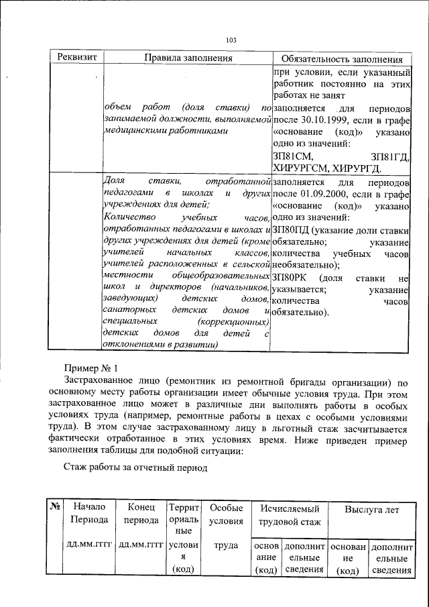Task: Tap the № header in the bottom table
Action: click(56, 509)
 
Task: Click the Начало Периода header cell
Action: click(90, 514)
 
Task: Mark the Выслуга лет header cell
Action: click(371, 509)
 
